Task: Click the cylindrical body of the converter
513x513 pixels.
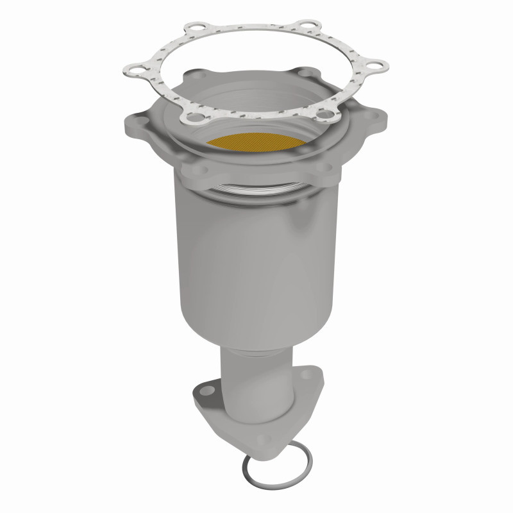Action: tap(256, 244)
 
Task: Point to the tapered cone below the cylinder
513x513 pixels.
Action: tap(256, 321)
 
